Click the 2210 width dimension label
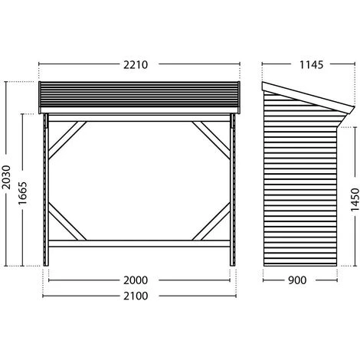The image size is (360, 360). tap(136, 65)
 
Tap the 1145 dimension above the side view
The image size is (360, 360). tap(311, 65)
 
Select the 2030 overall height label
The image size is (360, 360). tap(7, 177)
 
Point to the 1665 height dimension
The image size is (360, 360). tap(22, 193)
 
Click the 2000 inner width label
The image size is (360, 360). tap(136, 280)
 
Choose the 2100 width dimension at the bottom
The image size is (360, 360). tap(136, 296)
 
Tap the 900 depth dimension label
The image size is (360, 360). tap(297, 280)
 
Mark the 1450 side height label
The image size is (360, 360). tap(355, 200)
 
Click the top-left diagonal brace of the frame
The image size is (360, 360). tap(67, 140)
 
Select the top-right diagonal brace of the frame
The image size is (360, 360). tap(211, 140)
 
